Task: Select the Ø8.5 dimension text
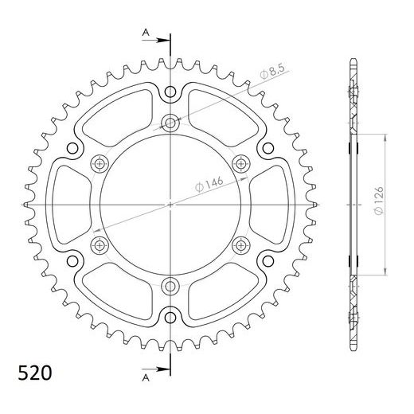pos(271,76)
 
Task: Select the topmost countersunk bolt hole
pos(170,123)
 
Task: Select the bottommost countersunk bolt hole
pos(170,285)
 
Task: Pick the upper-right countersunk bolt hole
pos(241,163)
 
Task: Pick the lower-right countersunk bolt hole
pos(241,244)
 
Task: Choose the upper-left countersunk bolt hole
pos(100,163)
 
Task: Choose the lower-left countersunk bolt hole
pos(100,244)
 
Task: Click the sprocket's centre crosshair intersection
pos(170,204)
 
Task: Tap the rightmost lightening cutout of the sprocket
pos(269,204)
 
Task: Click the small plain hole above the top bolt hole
pos(170,94)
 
